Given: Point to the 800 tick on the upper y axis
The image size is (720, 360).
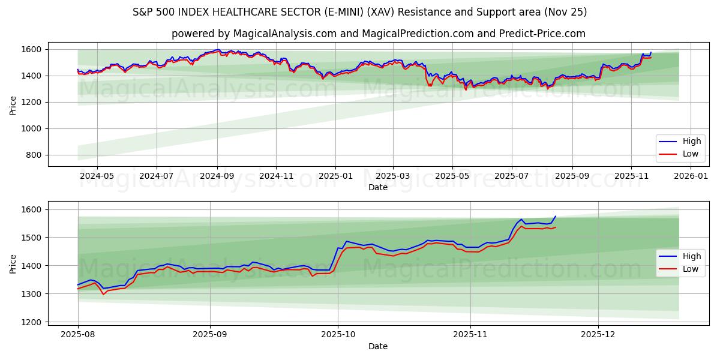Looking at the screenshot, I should coord(35,155).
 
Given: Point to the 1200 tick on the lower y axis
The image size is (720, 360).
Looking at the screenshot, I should coord(32,322).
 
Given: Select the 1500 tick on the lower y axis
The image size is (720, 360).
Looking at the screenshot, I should coord(32,238).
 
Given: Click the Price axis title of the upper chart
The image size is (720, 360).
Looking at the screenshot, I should coord(13,104).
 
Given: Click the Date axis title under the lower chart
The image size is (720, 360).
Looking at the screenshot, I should coord(378,346).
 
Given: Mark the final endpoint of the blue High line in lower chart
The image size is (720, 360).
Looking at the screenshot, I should coord(556,216).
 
